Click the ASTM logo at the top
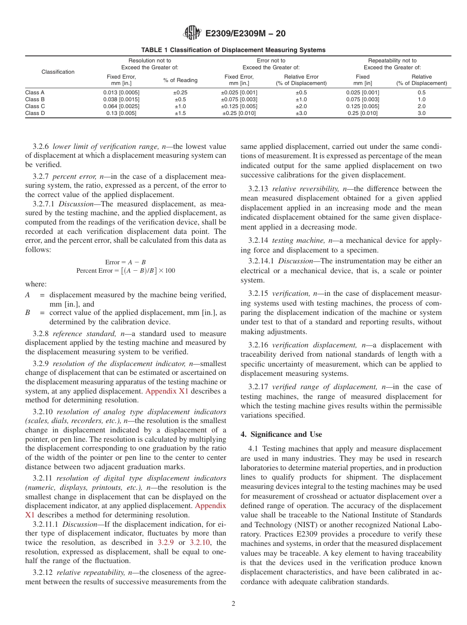click(x=192, y=33)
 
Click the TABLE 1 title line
click(x=233, y=50)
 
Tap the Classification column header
click(x=58, y=72)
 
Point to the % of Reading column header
click(x=180, y=80)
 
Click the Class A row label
click(x=35, y=92)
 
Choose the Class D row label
click(x=35, y=113)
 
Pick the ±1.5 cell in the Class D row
click(x=180, y=113)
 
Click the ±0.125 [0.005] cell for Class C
click(x=239, y=106)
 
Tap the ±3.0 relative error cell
click(x=301, y=113)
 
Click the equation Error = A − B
click(x=125, y=262)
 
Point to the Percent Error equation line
click(x=125, y=271)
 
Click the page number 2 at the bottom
click(x=233, y=604)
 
